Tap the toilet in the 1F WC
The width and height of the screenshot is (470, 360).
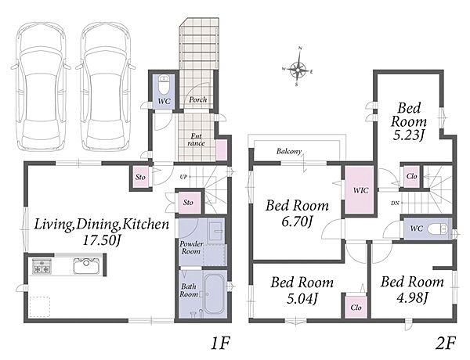click(x=164, y=85)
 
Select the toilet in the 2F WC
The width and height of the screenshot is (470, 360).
click(x=439, y=229)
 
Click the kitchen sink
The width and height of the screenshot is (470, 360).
click(x=86, y=265)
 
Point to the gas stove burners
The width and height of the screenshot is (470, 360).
click(x=41, y=266)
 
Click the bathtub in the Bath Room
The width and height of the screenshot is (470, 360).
click(x=215, y=293)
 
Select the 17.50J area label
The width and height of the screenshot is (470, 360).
click(x=101, y=241)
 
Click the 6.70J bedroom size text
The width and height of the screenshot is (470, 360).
click(x=297, y=222)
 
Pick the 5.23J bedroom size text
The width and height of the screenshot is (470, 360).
click(x=409, y=135)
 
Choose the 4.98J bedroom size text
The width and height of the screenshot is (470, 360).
click(x=412, y=297)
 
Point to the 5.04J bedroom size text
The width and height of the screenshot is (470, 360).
click(x=302, y=298)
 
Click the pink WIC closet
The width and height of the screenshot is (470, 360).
click(x=359, y=190)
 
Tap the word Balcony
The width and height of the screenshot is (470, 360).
click(x=288, y=151)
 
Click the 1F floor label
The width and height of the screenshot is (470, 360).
click(x=220, y=344)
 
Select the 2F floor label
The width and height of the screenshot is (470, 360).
click(x=445, y=344)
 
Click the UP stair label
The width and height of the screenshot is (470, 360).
click(x=183, y=177)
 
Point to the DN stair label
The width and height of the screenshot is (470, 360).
click(x=395, y=203)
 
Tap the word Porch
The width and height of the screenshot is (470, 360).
click(x=198, y=99)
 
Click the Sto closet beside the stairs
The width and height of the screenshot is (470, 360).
click(x=188, y=203)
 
